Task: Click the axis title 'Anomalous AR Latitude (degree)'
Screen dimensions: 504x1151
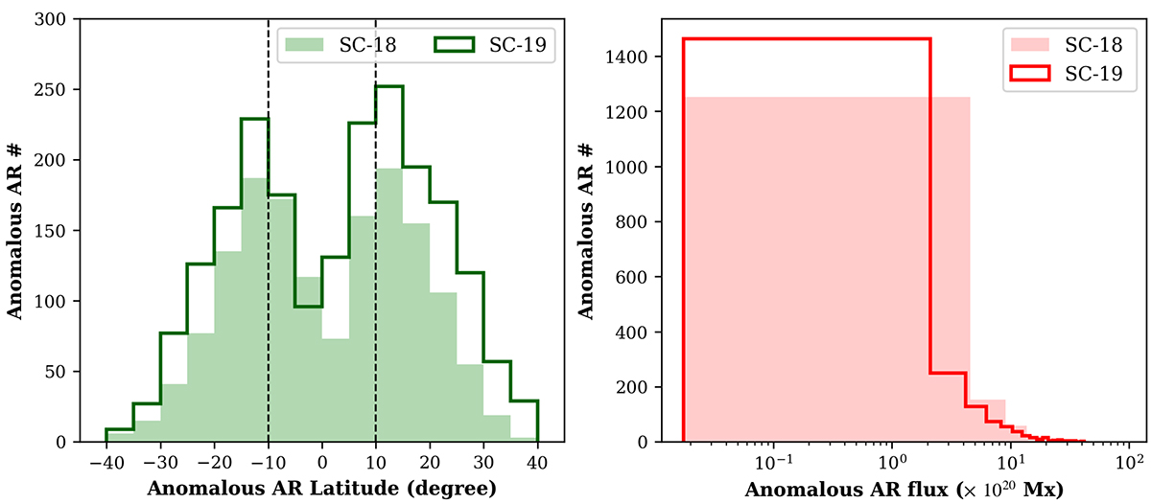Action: pos(321,489)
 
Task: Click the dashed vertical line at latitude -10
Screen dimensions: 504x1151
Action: pos(268,287)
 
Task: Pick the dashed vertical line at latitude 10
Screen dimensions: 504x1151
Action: pos(375,287)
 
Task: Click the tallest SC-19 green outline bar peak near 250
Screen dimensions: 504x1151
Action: pos(389,86)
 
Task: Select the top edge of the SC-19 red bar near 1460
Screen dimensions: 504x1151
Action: pos(806,39)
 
